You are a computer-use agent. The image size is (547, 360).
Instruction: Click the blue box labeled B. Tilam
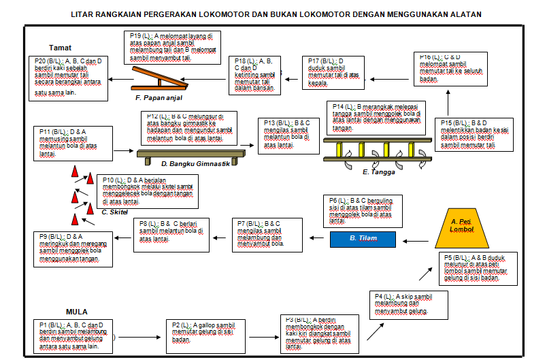point(363,239)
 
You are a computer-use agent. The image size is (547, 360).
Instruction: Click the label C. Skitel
point(114,212)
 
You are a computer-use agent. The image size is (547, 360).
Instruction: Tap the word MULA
point(77,312)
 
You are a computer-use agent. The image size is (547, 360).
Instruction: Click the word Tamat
point(61,48)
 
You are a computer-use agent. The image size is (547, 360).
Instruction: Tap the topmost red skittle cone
point(74,173)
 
